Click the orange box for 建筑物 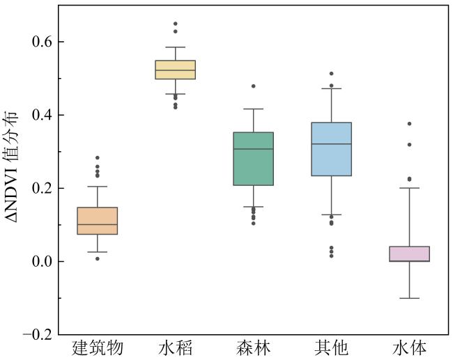(x=98, y=221)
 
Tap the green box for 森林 (x=254, y=159)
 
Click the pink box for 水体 (x=410, y=253)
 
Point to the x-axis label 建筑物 (x=98, y=347)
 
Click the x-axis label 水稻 (x=176, y=347)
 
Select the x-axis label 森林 (x=254, y=347)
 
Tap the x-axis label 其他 (x=332, y=347)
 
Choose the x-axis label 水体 (x=410, y=347)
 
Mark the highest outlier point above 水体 (x=410, y=124)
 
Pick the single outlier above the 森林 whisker (x=254, y=86)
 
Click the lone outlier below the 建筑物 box (x=98, y=258)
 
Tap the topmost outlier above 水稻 (x=176, y=24)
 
